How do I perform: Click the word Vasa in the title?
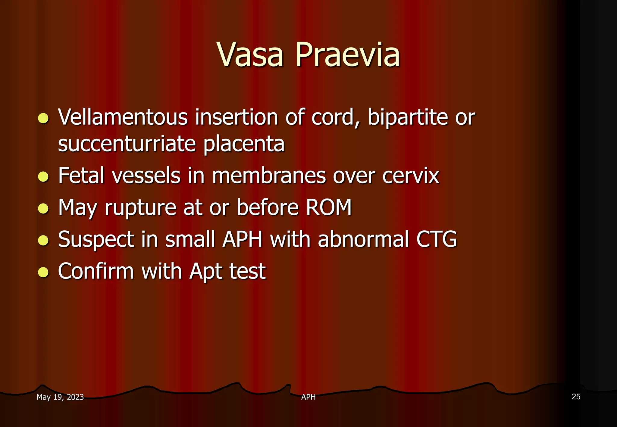[x=250, y=55]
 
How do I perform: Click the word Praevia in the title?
[x=348, y=55]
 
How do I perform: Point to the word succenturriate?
[x=127, y=144]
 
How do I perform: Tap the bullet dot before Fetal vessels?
[x=44, y=177]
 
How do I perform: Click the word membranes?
[x=269, y=176]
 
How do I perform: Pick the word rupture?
[x=140, y=208]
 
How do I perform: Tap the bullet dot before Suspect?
[x=44, y=240]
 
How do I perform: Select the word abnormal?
[x=363, y=239]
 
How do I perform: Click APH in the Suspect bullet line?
[x=243, y=239]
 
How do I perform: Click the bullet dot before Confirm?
[x=44, y=272]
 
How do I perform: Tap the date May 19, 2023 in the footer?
[x=60, y=397]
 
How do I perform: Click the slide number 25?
[x=576, y=397]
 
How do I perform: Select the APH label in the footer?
[x=308, y=397]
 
